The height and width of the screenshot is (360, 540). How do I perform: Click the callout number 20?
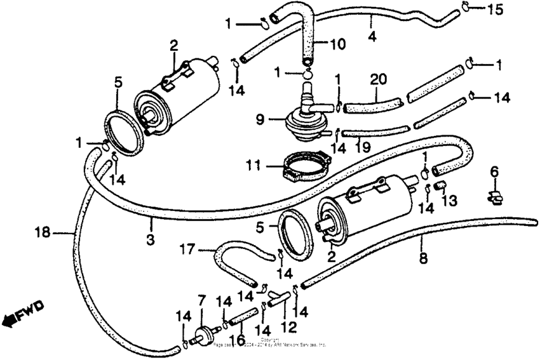(378, 81)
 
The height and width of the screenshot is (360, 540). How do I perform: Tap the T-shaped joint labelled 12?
(278, 295)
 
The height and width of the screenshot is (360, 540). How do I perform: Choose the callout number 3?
(151, 225)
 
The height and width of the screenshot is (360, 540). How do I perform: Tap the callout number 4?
(372, 37)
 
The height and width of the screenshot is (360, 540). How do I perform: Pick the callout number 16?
(241, 340)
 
